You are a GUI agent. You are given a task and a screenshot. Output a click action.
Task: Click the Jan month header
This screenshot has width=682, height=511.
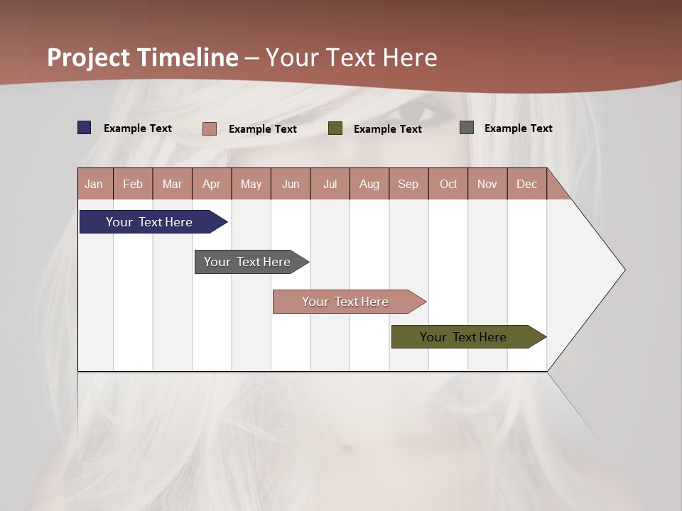[x=94, y=185]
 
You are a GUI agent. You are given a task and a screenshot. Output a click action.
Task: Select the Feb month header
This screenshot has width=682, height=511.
[x=133, y=185]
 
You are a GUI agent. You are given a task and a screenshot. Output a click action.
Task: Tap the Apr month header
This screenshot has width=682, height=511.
[x=212, y=185]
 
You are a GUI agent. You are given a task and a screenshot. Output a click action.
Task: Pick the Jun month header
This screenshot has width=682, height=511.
[x=291, y=185]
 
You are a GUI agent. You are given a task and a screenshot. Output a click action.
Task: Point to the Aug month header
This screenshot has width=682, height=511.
[x=369, y=185]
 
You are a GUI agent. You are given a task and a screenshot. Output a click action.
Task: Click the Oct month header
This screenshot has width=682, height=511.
[x=448, y=185]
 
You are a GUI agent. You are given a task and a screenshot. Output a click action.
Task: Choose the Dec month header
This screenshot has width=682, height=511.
[x=527, y=185]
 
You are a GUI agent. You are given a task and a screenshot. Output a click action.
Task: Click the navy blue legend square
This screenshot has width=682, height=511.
[x=85, y=128]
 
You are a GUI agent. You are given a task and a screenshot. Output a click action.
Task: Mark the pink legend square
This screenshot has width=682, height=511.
[x=210, y=128]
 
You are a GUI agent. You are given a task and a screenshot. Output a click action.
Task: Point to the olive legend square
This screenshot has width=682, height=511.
[x=335, y=128]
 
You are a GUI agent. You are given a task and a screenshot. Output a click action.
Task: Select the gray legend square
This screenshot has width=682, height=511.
[x=467, y=128]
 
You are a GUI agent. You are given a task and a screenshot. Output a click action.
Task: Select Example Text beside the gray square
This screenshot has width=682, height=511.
[x=518, y=128]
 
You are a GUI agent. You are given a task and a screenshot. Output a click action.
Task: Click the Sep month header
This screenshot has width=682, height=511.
[x=408, y=185]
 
